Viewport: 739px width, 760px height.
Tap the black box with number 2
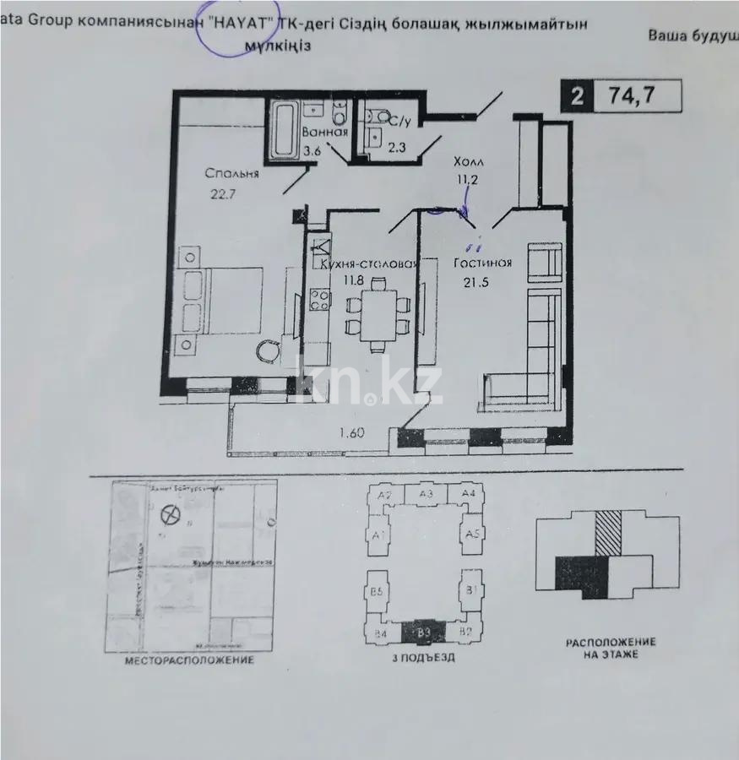(577, 96)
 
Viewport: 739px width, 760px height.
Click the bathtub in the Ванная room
(285, 129)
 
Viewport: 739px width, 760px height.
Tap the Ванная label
(325, 133)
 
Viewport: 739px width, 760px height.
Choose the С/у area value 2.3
(396, 148)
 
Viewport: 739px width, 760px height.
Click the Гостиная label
(482, 263)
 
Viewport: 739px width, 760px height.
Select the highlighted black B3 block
(425, 631)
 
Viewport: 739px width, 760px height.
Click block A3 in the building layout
(426, 495)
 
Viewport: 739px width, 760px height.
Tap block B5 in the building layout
(378, 592)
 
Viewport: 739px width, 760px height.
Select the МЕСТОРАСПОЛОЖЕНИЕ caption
(189, 660)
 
